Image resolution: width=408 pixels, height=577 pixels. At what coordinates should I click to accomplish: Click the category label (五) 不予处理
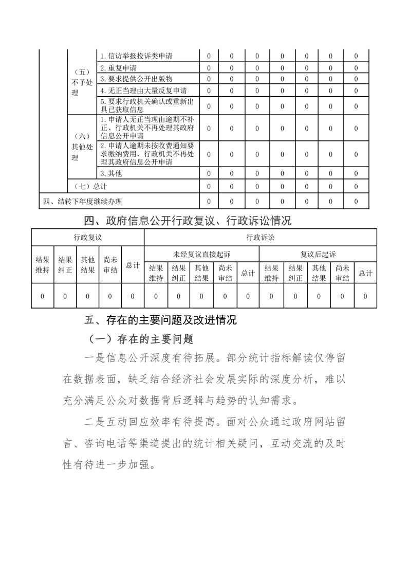click(x=82, y=82)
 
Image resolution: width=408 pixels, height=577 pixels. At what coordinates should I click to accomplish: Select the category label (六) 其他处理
click(x=82, y=147)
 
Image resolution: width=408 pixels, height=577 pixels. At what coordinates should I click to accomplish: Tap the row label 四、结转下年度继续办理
click(x=83, y=201)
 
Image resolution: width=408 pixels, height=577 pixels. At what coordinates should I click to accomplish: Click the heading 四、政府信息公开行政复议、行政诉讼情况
click(x=188, y=221)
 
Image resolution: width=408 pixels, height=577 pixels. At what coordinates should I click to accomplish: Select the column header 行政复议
click(x=87, y=238)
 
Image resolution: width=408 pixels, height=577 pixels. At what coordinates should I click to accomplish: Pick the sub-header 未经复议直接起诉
click(x=201, y=255)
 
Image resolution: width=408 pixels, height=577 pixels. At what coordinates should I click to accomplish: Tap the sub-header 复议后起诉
click(x=318, y=255)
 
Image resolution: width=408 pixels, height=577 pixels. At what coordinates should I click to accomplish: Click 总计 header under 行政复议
click(x=133, y=265)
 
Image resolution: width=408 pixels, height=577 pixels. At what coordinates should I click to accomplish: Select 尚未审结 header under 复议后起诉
click(x=342, y=273)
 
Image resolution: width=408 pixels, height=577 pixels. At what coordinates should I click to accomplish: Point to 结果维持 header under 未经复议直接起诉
click(x=156, y=273)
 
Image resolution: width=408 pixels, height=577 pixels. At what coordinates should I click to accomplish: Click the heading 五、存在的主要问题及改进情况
click(x=160, y=320)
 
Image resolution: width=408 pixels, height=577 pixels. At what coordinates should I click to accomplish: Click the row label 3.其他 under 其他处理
click(x=111, y=173)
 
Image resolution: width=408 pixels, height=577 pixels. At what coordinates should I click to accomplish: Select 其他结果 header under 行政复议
click(x=87, y=265)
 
